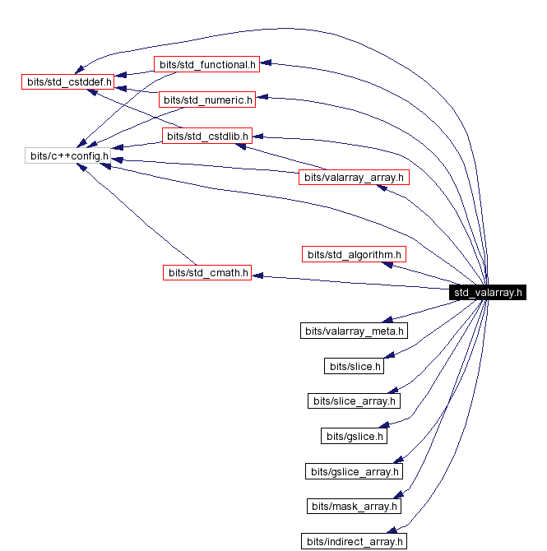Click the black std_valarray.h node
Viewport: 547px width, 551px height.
click(488, 292)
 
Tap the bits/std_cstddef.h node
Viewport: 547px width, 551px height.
click(67, 81)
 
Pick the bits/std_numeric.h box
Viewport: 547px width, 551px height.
click(206, 100)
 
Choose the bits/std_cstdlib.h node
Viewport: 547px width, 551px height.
click(206, 136)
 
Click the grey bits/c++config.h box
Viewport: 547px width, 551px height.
click(68, 155)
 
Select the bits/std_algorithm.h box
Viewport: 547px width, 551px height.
click(354, 254)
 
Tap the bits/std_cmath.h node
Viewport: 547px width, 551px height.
click(206, 272)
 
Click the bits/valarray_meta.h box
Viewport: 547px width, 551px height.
click(354, 331)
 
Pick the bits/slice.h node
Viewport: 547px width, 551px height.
click(354, 366)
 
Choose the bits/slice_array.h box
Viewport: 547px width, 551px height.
click(354, 401)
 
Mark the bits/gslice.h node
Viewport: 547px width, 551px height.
click(354, 435)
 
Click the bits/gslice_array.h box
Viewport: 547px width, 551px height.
click(354, 471)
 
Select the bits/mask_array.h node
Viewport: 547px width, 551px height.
click(354, 506)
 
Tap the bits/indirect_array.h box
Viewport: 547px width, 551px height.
click(354, 540)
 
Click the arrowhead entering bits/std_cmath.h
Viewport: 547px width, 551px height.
click(257, 276)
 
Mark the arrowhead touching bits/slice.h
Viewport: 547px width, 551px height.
click(391, 354)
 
